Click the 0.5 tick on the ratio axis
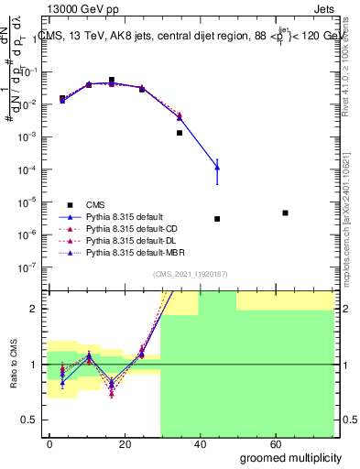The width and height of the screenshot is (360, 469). (x=33, y=420)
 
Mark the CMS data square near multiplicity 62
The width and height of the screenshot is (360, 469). (x=286, y=213)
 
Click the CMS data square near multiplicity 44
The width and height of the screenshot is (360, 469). (x=217, y=219)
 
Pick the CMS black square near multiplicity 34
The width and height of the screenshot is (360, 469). (x=180, y=133)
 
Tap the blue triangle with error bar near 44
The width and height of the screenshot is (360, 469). (x=217, y=166)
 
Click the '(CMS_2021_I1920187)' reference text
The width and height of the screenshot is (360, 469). (x=191, y=274)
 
